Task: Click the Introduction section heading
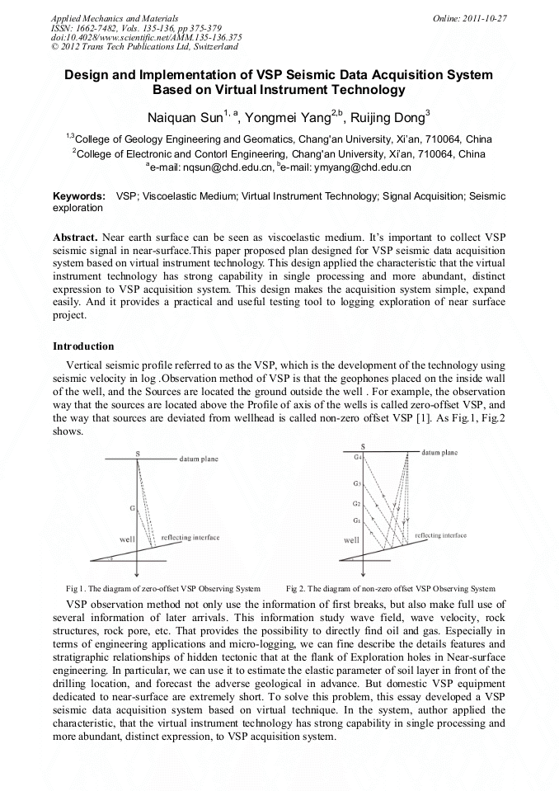83,346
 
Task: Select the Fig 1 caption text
163,589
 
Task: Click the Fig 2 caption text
390,589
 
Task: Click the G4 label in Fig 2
357,456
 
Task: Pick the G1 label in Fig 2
356,520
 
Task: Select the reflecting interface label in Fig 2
441,535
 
